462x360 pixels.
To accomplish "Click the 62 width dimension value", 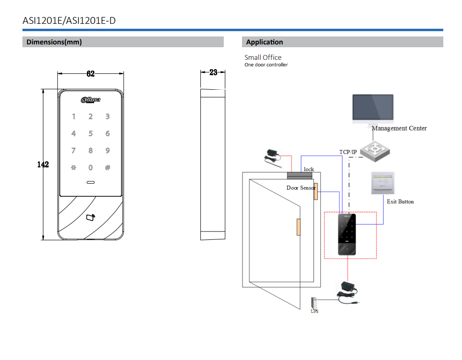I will pos(91,73).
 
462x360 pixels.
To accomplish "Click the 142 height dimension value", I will pos(43,165).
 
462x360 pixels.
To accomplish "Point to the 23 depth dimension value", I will pos(213,72).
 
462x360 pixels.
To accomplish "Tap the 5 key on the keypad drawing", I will pos(91,134).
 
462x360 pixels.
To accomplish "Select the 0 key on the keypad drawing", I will pos(91,167).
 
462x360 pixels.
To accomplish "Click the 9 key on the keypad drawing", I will pos(107,151).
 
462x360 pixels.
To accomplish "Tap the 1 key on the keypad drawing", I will pos(73,117).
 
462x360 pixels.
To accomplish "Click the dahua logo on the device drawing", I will pos(91,99).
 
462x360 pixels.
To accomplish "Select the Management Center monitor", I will pos(373,108).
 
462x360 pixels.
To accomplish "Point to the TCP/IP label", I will pos(348,152).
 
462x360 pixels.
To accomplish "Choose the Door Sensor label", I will pos(301,188).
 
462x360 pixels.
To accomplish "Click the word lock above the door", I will pos(309,169).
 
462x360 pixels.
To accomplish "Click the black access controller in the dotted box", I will pos(347,234).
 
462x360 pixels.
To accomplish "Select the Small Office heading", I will pos(263,58).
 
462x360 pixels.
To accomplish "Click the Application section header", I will pos(264,42).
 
